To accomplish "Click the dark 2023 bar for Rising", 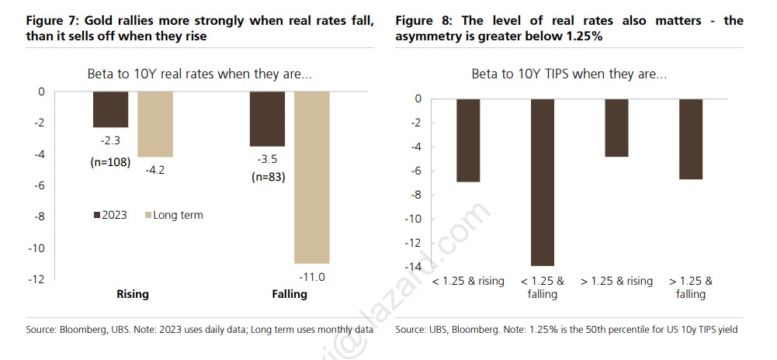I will (110, 109).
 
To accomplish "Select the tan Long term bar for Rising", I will (155, 124).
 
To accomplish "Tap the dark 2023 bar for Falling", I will (267, 119).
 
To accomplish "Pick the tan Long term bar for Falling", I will (312, 177).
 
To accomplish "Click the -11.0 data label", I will (312, 275).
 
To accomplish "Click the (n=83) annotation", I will (267, 177).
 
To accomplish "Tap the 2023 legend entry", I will (110, 215).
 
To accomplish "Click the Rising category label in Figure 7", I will (133, 294).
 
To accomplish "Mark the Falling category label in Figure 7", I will (289, 294).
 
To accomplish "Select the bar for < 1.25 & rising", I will (468, 140).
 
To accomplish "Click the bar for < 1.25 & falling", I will (543, 182).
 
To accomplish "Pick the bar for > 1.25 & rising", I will (616, 128).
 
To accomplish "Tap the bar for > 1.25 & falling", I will (690, 139).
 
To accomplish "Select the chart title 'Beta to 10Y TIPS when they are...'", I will (569, 74).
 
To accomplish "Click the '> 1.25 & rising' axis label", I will (616, 281).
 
